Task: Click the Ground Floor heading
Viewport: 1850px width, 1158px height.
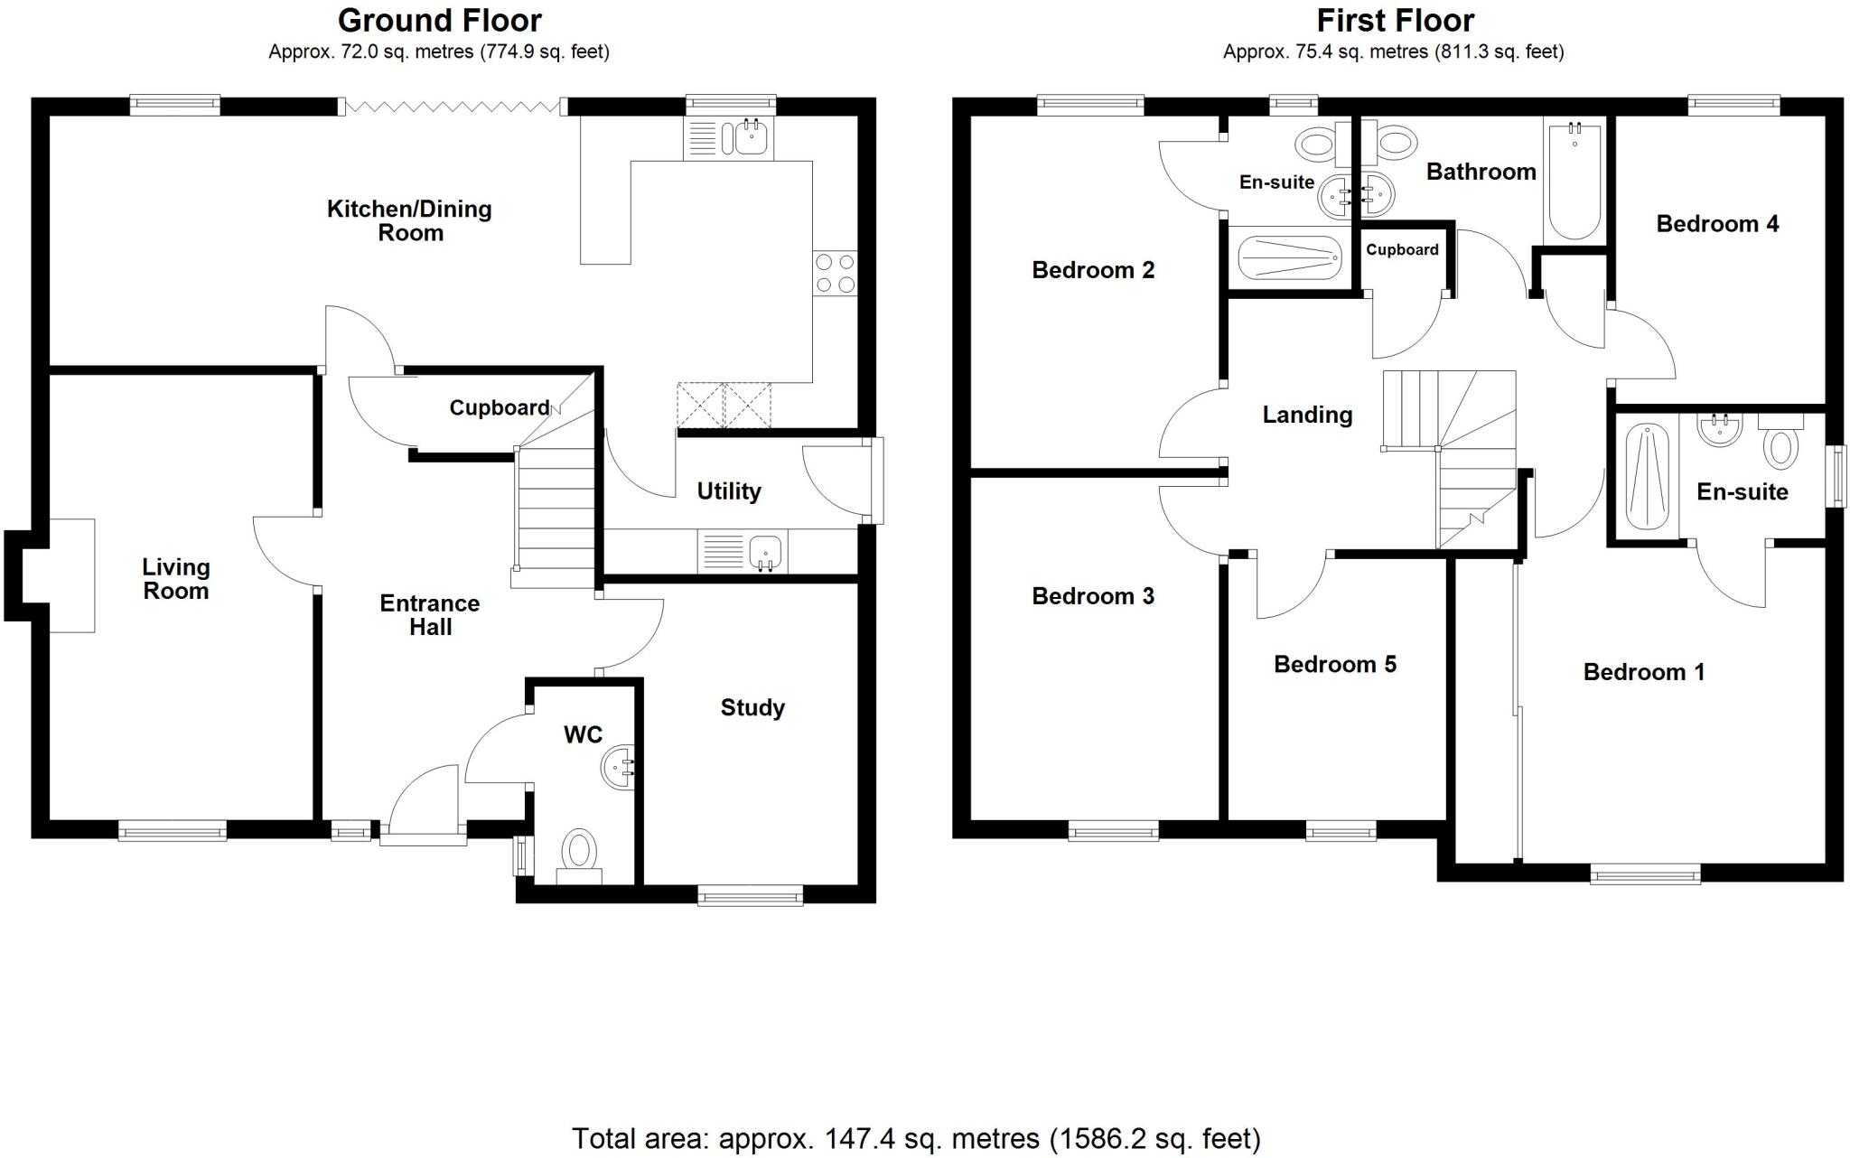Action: (440, 20)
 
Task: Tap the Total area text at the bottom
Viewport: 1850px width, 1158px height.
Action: (916, 1138)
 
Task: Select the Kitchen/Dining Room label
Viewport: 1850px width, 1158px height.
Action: (410, 220)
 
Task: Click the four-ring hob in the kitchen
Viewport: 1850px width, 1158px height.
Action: (835, 274)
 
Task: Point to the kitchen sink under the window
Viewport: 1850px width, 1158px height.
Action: (751, 138)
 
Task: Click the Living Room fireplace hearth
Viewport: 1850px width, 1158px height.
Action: (72, 575)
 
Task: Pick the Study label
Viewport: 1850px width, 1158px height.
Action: (752, 707)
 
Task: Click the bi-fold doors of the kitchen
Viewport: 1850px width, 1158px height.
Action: (454, 107)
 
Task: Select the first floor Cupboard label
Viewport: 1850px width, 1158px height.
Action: (1402, 249)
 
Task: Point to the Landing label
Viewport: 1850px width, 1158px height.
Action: (1307, 415)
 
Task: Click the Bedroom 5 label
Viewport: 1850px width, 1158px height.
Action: (1335, 664)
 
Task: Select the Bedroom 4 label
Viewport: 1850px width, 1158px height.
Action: (1717, 223)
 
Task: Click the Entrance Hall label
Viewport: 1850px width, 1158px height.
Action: (430, 615)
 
